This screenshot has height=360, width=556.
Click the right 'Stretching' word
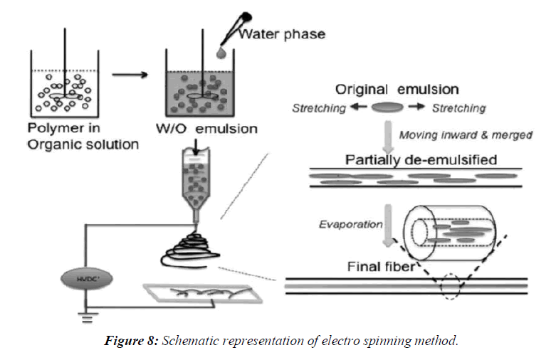(x=458, y=108)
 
